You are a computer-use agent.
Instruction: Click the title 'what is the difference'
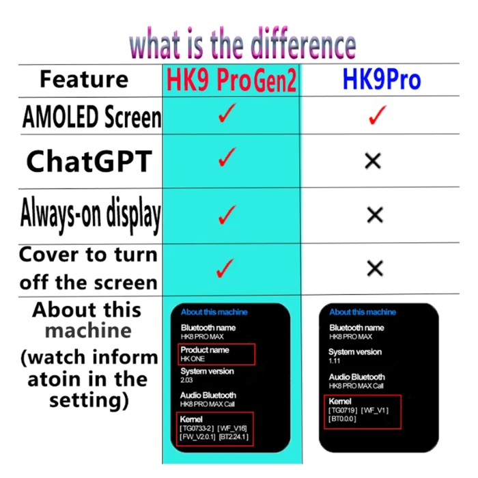pyautogui.click(x=242, y=43)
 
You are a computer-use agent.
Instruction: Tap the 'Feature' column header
pyautogui.click(x=84, y=79)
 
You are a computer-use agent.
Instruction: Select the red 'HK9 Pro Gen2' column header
pyautogui.click(x=231, y=80)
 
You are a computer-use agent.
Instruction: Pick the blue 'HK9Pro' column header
pyautogui.click(x=382, y=79)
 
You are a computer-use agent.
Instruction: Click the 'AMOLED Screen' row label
pyautogui.click(x=92, y=117)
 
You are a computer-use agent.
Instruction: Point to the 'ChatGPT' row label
pyautogui.click(x=89, y=161)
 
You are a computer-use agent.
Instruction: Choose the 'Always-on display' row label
pyautogui.click(x=91, y=214)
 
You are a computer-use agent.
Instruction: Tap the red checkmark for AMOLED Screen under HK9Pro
pyautogui.click(x=378, y=115)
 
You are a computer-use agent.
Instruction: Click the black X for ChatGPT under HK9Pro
pyautogui.click(x=373, y=161)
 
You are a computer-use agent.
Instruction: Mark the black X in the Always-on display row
pyautogui.click(x=375, y=215)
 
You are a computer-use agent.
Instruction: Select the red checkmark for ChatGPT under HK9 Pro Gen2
pyautogui.click(x=227, y=157)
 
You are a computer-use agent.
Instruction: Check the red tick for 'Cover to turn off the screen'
pyautogui.click(x=225, y=268)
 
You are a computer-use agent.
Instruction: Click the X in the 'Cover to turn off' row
pyautogui.click(x=375, y=268)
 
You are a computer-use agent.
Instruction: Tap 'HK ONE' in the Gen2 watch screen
pyautogui.click(x=193, y=359)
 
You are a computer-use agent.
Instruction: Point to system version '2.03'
pyautogui.click(x=186, y=380)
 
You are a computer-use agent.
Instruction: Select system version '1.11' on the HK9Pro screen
pyautogui.click(x=334, y=361)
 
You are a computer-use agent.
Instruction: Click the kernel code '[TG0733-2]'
pyautogui.click(x=197, y=428)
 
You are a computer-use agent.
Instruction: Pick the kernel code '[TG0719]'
pyautogui.click(x=343, y=410)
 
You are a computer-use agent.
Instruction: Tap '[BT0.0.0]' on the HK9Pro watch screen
pyautogui.click(x=342, y=419)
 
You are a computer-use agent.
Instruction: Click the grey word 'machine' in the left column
pyautogui.click(x=88, y=331)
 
